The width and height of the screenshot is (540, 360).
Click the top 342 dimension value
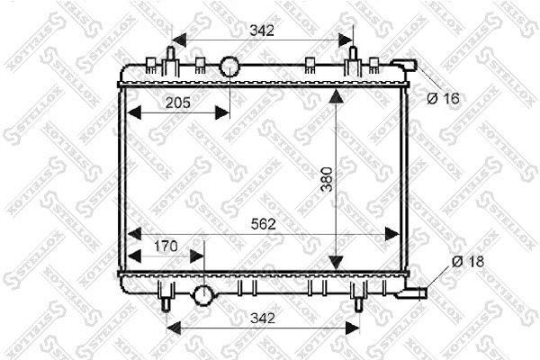point(262,31)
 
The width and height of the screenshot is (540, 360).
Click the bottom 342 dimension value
point(263,318)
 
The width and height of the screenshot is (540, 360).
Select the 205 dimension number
point(177,103)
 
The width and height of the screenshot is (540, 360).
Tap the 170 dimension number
point(166,247)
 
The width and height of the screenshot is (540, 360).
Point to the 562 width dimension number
point(264,224)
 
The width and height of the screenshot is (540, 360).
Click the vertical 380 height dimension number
point(327,179)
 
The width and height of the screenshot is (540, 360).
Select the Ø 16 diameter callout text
point(443,99)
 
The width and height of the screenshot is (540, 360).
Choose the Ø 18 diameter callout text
point(468,262)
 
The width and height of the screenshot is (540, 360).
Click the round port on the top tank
point(229,66)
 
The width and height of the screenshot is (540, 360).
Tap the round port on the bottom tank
point(204,295)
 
